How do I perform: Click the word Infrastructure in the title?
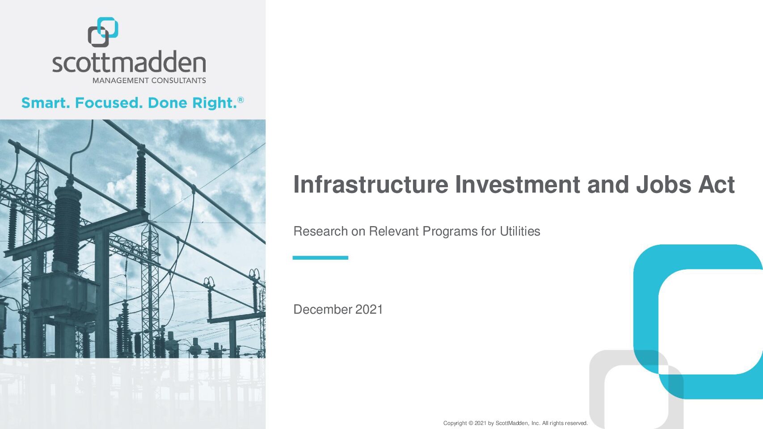click(x=371, y=185)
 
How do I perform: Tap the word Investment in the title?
click(x=518, y=185)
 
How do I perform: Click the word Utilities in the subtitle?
click(x=520, y=231)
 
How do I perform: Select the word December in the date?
click(x=323, y=310)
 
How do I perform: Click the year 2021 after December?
click(x=369, y=310)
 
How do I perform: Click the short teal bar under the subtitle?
click(x=320, y=258)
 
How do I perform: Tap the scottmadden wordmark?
click(x=129, y=62)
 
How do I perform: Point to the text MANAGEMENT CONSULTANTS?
click(x=149, y=81)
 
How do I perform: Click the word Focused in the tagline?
click(x=107, y=103)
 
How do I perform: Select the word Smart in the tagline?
click(x=45, y=103)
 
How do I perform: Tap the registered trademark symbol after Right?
click(x=241, y=100)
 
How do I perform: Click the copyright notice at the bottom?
click(x=515, y=423)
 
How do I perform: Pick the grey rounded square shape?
click(x=597, y=391)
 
